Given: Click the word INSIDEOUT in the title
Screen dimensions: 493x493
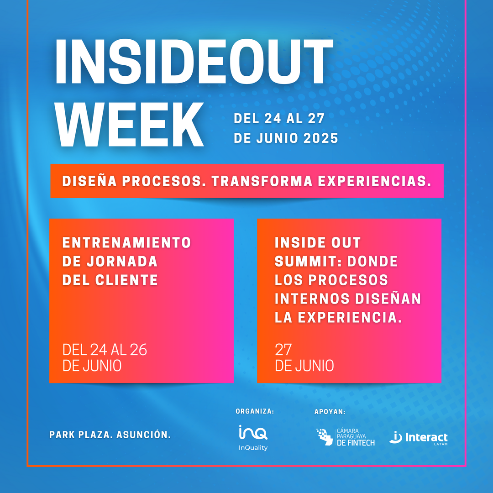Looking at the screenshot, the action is [194, 62].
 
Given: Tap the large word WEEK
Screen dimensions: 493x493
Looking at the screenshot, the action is [129, 125].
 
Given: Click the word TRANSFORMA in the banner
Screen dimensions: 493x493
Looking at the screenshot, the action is [262, 181].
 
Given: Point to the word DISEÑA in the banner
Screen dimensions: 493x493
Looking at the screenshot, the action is [89, 181].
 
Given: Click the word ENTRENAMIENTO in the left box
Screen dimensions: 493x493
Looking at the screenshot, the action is [127, 242].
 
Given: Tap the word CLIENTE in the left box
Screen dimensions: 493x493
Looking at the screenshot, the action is [126, 280].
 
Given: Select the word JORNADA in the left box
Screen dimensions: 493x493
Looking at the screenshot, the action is [122, 261].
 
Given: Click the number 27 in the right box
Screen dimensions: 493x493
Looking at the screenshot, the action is [283, 350].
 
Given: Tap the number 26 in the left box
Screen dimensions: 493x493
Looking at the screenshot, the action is [138, 350].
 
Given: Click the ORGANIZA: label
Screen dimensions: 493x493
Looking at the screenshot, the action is [255, 411].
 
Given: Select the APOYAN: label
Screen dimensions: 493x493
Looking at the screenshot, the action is [330, 412].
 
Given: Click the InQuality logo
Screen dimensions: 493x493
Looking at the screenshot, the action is [253, 438].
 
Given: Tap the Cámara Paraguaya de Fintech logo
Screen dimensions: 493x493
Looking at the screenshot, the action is [346, 437].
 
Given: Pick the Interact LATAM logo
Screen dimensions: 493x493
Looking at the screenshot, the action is [419, 438].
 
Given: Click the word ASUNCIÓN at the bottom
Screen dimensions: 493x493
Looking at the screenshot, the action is [144, 435].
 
